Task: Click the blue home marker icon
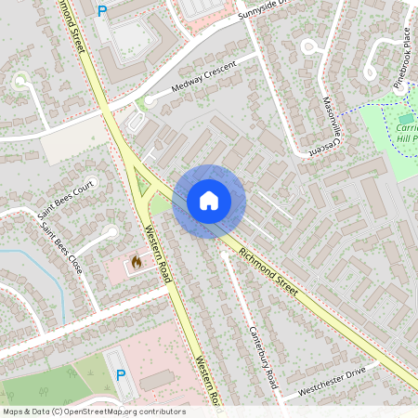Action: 209,201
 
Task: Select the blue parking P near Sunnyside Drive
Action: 102,12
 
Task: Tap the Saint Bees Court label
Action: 67,199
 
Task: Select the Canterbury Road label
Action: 263,358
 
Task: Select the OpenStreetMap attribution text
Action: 94,411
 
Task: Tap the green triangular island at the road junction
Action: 142,184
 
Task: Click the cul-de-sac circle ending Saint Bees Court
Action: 111,233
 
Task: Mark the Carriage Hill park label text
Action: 406,130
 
